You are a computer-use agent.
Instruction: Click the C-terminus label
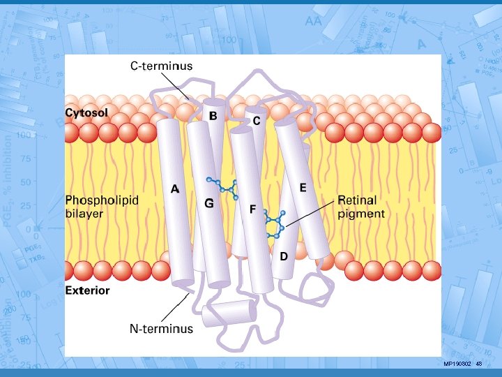point(162,66)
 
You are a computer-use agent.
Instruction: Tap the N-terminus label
point(162,328)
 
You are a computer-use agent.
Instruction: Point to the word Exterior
point(87,290)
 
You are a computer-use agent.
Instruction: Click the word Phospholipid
point(102,200)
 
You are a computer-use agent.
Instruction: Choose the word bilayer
point(84,214)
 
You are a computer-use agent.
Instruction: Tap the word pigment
point(360,214)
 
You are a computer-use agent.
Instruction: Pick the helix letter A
point(175,188)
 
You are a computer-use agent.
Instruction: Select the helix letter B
point(213,114)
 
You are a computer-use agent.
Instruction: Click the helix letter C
point(257,121)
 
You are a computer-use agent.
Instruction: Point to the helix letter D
point(284,257)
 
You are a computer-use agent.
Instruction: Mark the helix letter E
point(303,188)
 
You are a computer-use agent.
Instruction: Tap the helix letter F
point(252,209)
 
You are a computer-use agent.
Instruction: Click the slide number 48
point(479,364)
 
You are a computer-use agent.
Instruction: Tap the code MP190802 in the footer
point(457,364)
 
